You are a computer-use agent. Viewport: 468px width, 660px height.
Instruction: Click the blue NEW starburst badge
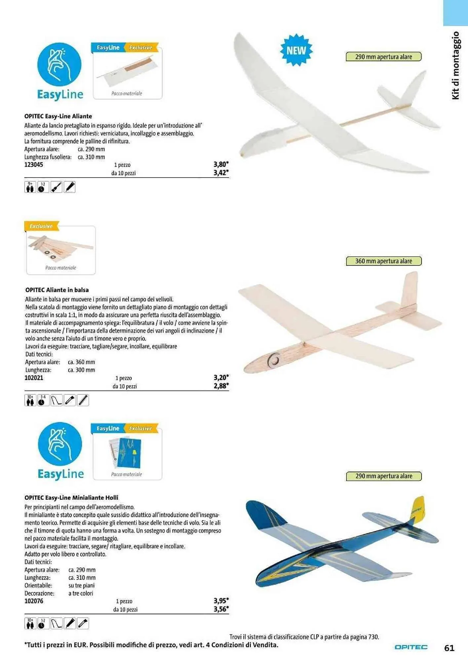coord(296,50)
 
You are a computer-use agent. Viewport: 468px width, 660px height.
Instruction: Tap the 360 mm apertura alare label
coord(383,261)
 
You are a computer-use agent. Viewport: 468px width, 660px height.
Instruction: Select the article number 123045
coord(34,165)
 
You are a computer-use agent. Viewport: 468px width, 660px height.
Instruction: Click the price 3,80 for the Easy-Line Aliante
coord(221,164)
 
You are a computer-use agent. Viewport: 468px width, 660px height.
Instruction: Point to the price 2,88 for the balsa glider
coord(221,386)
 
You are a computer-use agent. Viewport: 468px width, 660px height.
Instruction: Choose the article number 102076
coord(34,601)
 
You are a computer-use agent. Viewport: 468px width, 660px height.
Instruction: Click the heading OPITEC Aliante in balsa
coord(57,290)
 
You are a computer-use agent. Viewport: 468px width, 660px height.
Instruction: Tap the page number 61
coord(449,648)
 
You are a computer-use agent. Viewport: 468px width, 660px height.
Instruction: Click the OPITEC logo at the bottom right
coord(411,647)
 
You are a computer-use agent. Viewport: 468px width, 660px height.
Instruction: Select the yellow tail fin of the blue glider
coord(417,509)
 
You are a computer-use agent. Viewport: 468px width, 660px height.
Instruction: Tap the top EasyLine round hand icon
coord(59,65)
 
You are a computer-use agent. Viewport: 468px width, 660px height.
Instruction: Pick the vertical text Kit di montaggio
coord(455,65)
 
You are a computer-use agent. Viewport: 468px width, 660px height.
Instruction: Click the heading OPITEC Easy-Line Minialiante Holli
coord(71,497)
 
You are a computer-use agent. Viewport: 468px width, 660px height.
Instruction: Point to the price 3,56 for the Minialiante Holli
coord(221,609)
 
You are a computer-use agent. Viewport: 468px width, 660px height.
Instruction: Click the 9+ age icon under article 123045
coord(30,187)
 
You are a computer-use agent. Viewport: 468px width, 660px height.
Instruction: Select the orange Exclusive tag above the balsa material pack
coord(41,226)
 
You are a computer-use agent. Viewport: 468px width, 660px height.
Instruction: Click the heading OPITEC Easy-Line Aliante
coord(58,116)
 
